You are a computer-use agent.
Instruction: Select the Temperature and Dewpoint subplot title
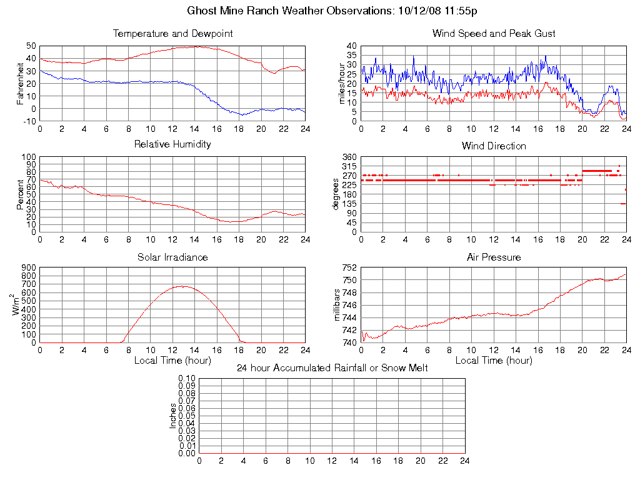(x=172, y=34)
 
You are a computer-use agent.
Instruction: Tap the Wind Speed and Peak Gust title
(x=494, y=34)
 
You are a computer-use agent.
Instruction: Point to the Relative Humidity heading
(x=172, y=144)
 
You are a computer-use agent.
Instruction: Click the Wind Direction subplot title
(x=494, y=146)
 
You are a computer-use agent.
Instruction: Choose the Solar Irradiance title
(x=172, y=257)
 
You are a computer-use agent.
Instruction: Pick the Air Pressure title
(x=494, y=257)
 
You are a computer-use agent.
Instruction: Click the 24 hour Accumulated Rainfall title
(x=332, y=368)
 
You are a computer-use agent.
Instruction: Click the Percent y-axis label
(x=20, y=194)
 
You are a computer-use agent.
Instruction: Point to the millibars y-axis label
(x=337, y=305)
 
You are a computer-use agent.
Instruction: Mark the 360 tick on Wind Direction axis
(x=349, y=157)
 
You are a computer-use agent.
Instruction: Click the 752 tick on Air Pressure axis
(x=349, y=267)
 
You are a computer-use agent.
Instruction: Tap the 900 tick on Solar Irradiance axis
(x=28, y=267)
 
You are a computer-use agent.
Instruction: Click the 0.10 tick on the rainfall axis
(x=187, y=378)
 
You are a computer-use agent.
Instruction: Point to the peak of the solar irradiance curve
(x=182, y=286)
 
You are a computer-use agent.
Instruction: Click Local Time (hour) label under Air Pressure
(x=494, y=361)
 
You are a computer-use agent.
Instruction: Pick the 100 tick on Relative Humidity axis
(x=28, y=157)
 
